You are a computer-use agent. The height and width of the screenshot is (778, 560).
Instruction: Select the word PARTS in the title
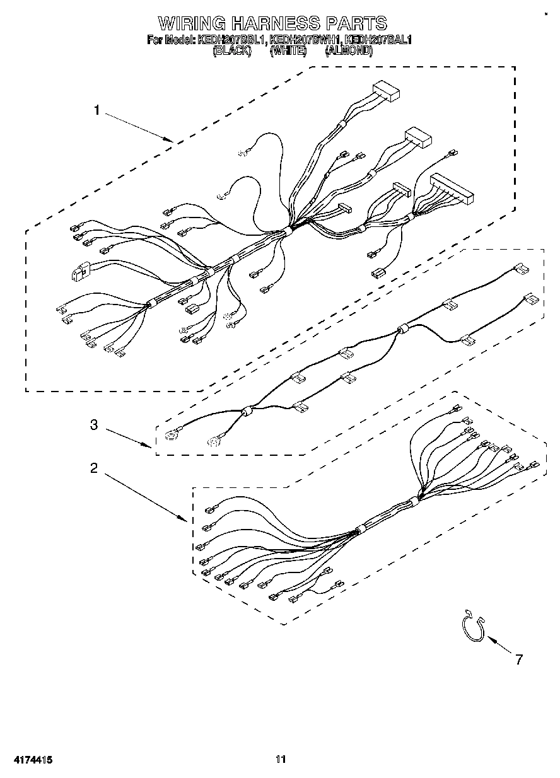pyautogui.click(x=355, y=24)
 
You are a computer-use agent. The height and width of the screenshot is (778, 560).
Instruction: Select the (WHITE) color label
pyautogui.click(x=288, y=52)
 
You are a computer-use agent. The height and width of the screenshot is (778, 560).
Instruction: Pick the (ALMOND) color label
pyautogui.click(x=349, y=52)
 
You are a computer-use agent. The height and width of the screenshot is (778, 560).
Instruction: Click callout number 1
pyautogui.click(x=96, y=111)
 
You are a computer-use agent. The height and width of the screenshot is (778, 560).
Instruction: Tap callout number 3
pyautogui.click(x=94, y=425)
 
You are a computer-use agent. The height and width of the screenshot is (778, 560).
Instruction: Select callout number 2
pyautogui.click(x=94, y=468)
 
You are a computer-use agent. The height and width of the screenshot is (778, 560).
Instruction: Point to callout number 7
pyautogui.click(x=518, y=660)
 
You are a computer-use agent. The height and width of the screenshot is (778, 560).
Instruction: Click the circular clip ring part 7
pyautogui.click(x=471, y=629)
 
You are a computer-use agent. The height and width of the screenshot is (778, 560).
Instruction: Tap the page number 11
pyautogui.click(x=281, y=759)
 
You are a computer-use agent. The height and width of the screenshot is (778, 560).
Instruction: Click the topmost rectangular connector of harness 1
pyautogui.click(x=387, y=92)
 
